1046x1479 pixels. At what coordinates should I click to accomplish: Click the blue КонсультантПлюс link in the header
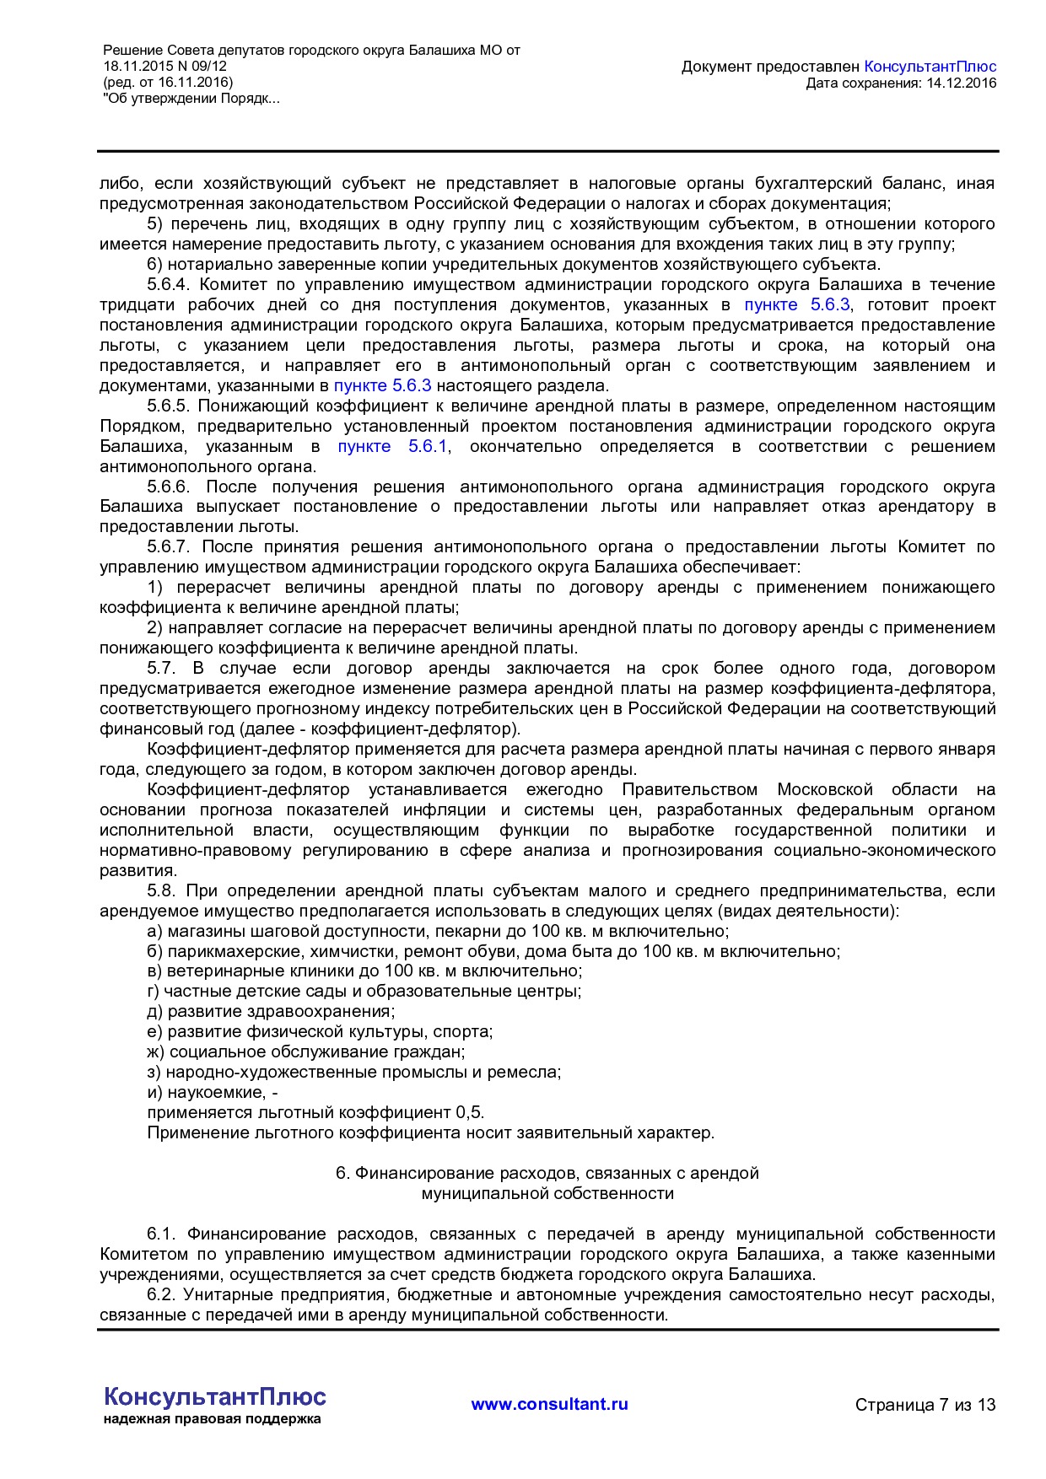tap(930, 67)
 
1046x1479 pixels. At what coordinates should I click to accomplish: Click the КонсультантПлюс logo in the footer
tap(214, 1396)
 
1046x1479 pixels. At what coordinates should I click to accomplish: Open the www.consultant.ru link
tap(549, 1404)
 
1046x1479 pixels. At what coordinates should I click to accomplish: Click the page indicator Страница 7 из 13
tap(925, 1405)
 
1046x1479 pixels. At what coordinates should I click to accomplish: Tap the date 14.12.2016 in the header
tap(961, 83)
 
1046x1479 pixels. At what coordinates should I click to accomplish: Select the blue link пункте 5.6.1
tap(391, 446)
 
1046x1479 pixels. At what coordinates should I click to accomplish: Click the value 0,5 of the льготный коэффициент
tap(469, 1112)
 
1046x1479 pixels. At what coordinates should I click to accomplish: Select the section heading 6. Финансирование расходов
tap(547, 1173)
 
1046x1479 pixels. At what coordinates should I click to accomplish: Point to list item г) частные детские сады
tap(364, 991)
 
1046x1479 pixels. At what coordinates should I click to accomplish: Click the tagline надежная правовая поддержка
tap(212, 1419)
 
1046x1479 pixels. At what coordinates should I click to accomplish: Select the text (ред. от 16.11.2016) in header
tap(167, 83)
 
